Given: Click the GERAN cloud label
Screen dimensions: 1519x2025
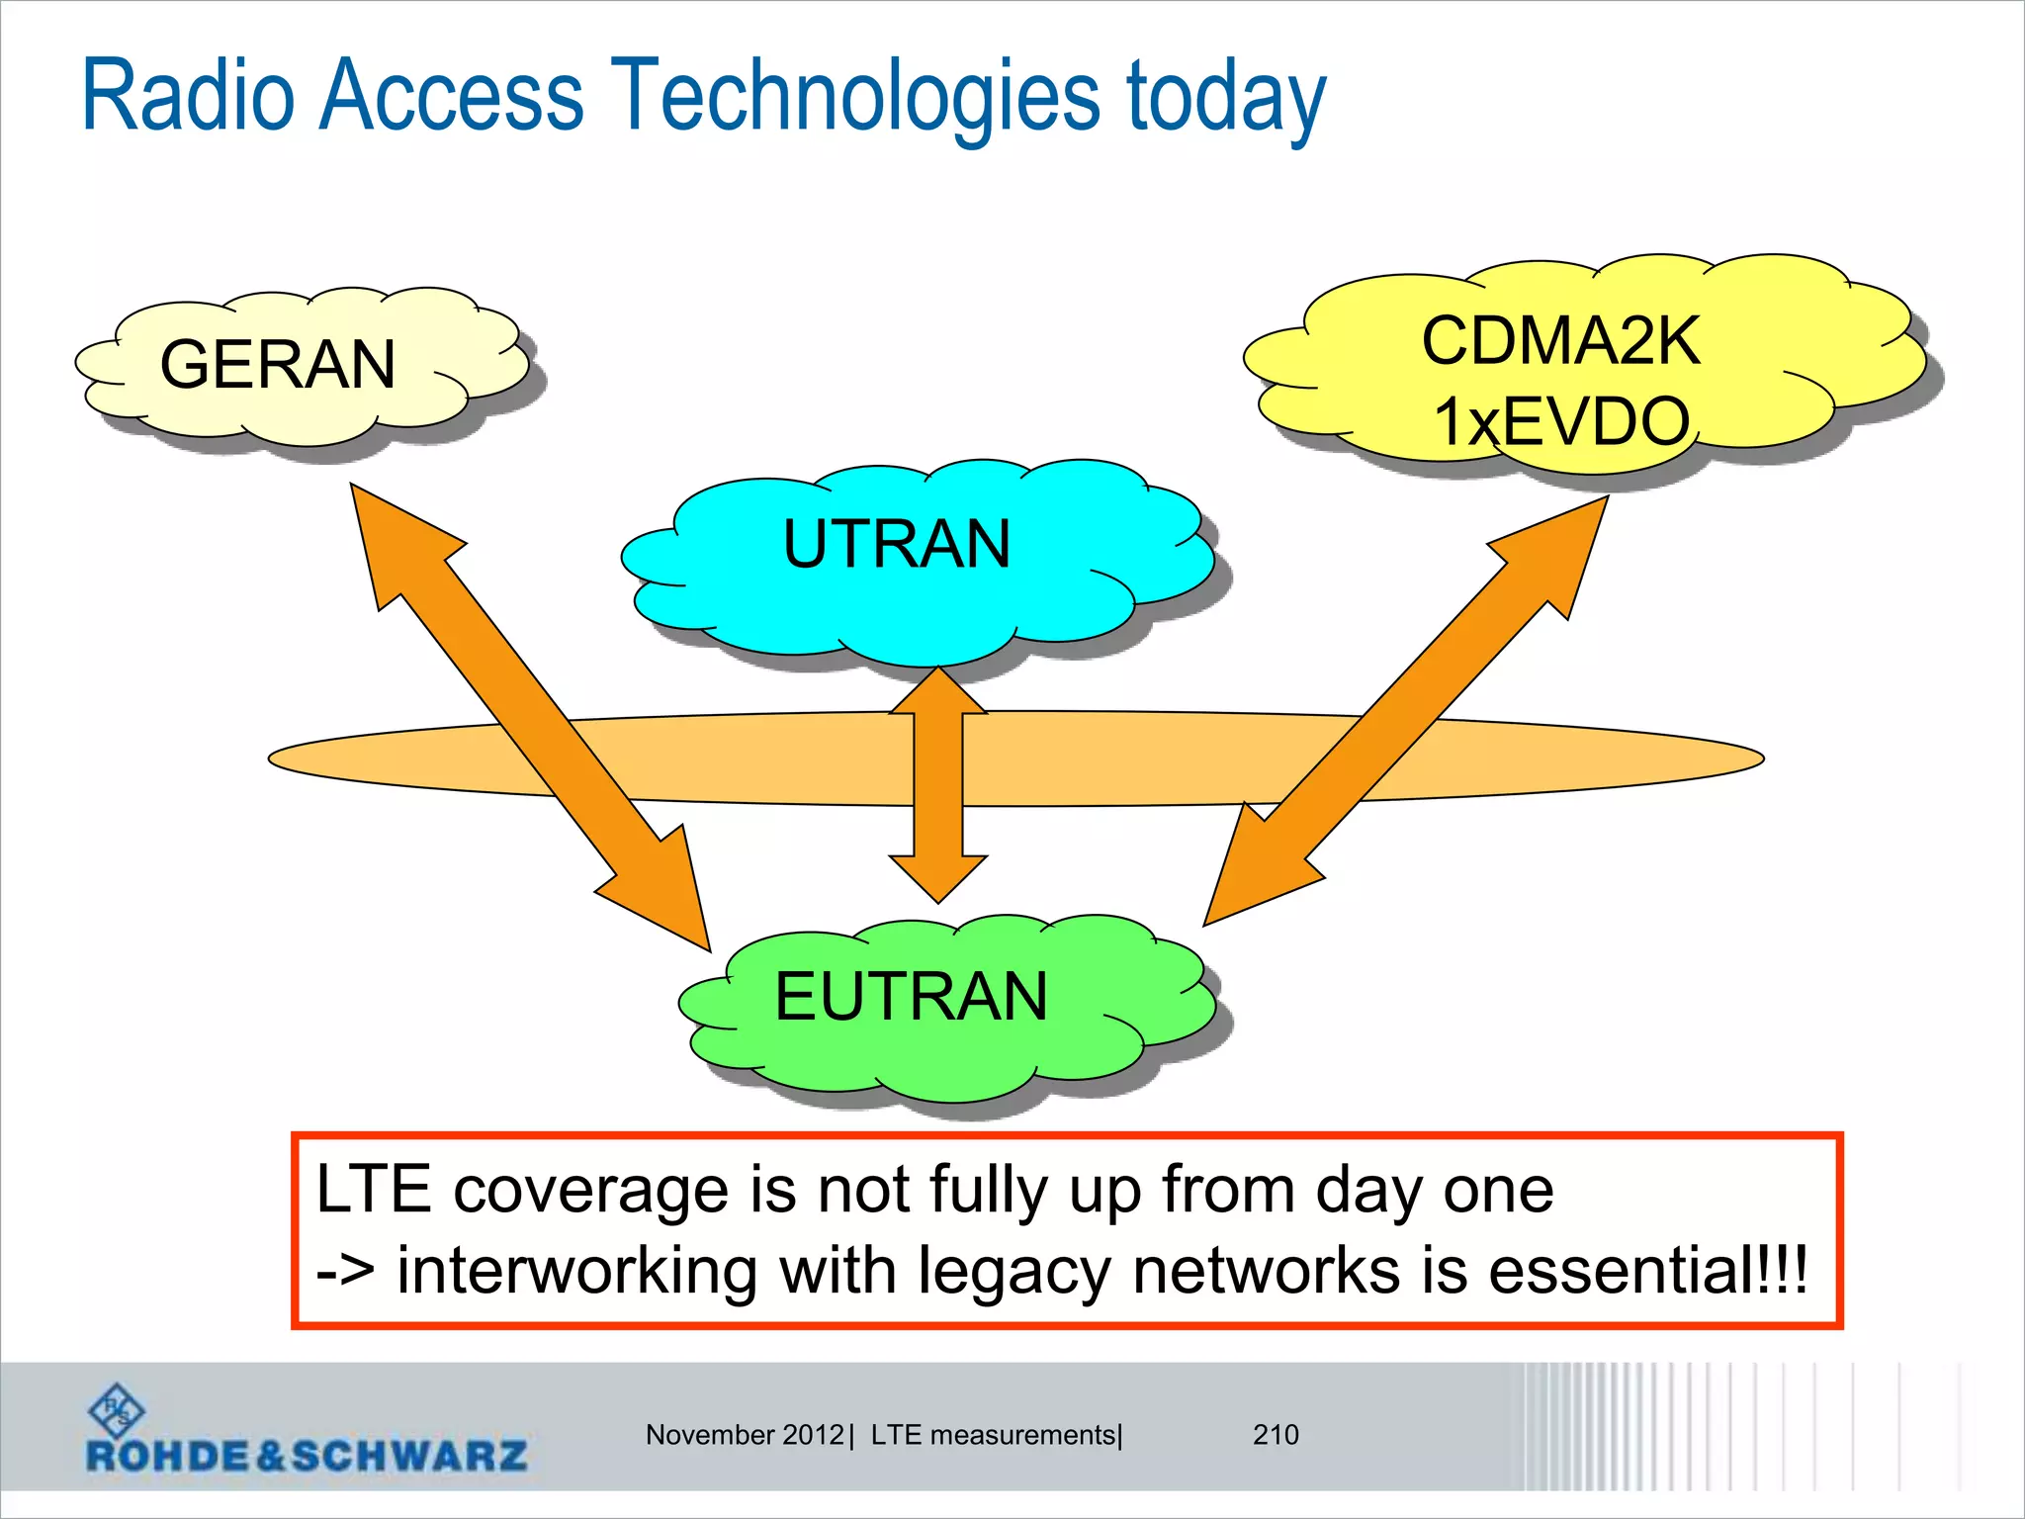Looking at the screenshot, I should click(278, 365).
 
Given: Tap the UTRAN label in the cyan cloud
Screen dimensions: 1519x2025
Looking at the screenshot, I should click(897, 545).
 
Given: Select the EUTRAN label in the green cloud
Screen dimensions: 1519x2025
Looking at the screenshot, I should click(911, 997).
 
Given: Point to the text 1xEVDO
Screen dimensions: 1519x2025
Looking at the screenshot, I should click(1561, 422).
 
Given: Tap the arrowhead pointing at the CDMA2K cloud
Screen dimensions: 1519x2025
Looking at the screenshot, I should click(1562, 544).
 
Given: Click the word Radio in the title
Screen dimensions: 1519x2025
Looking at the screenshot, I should click(188, 96).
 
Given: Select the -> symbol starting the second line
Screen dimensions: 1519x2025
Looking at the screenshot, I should click(345, 1272).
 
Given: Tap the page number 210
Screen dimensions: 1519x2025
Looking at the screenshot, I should click(1276, 1435).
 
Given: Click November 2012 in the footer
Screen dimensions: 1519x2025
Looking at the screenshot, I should click(745, 1435).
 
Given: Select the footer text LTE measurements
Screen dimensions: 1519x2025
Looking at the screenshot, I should click(993, 1435).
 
